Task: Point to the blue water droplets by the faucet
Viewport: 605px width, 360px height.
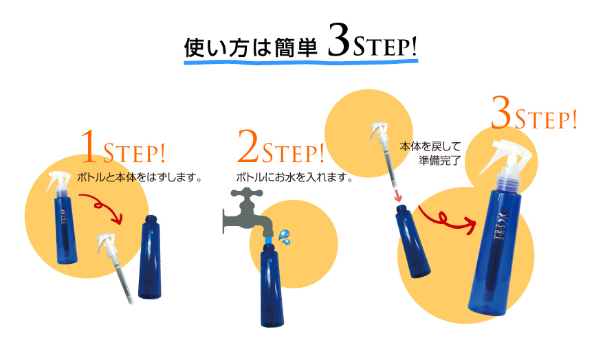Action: (x=285, y=238)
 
